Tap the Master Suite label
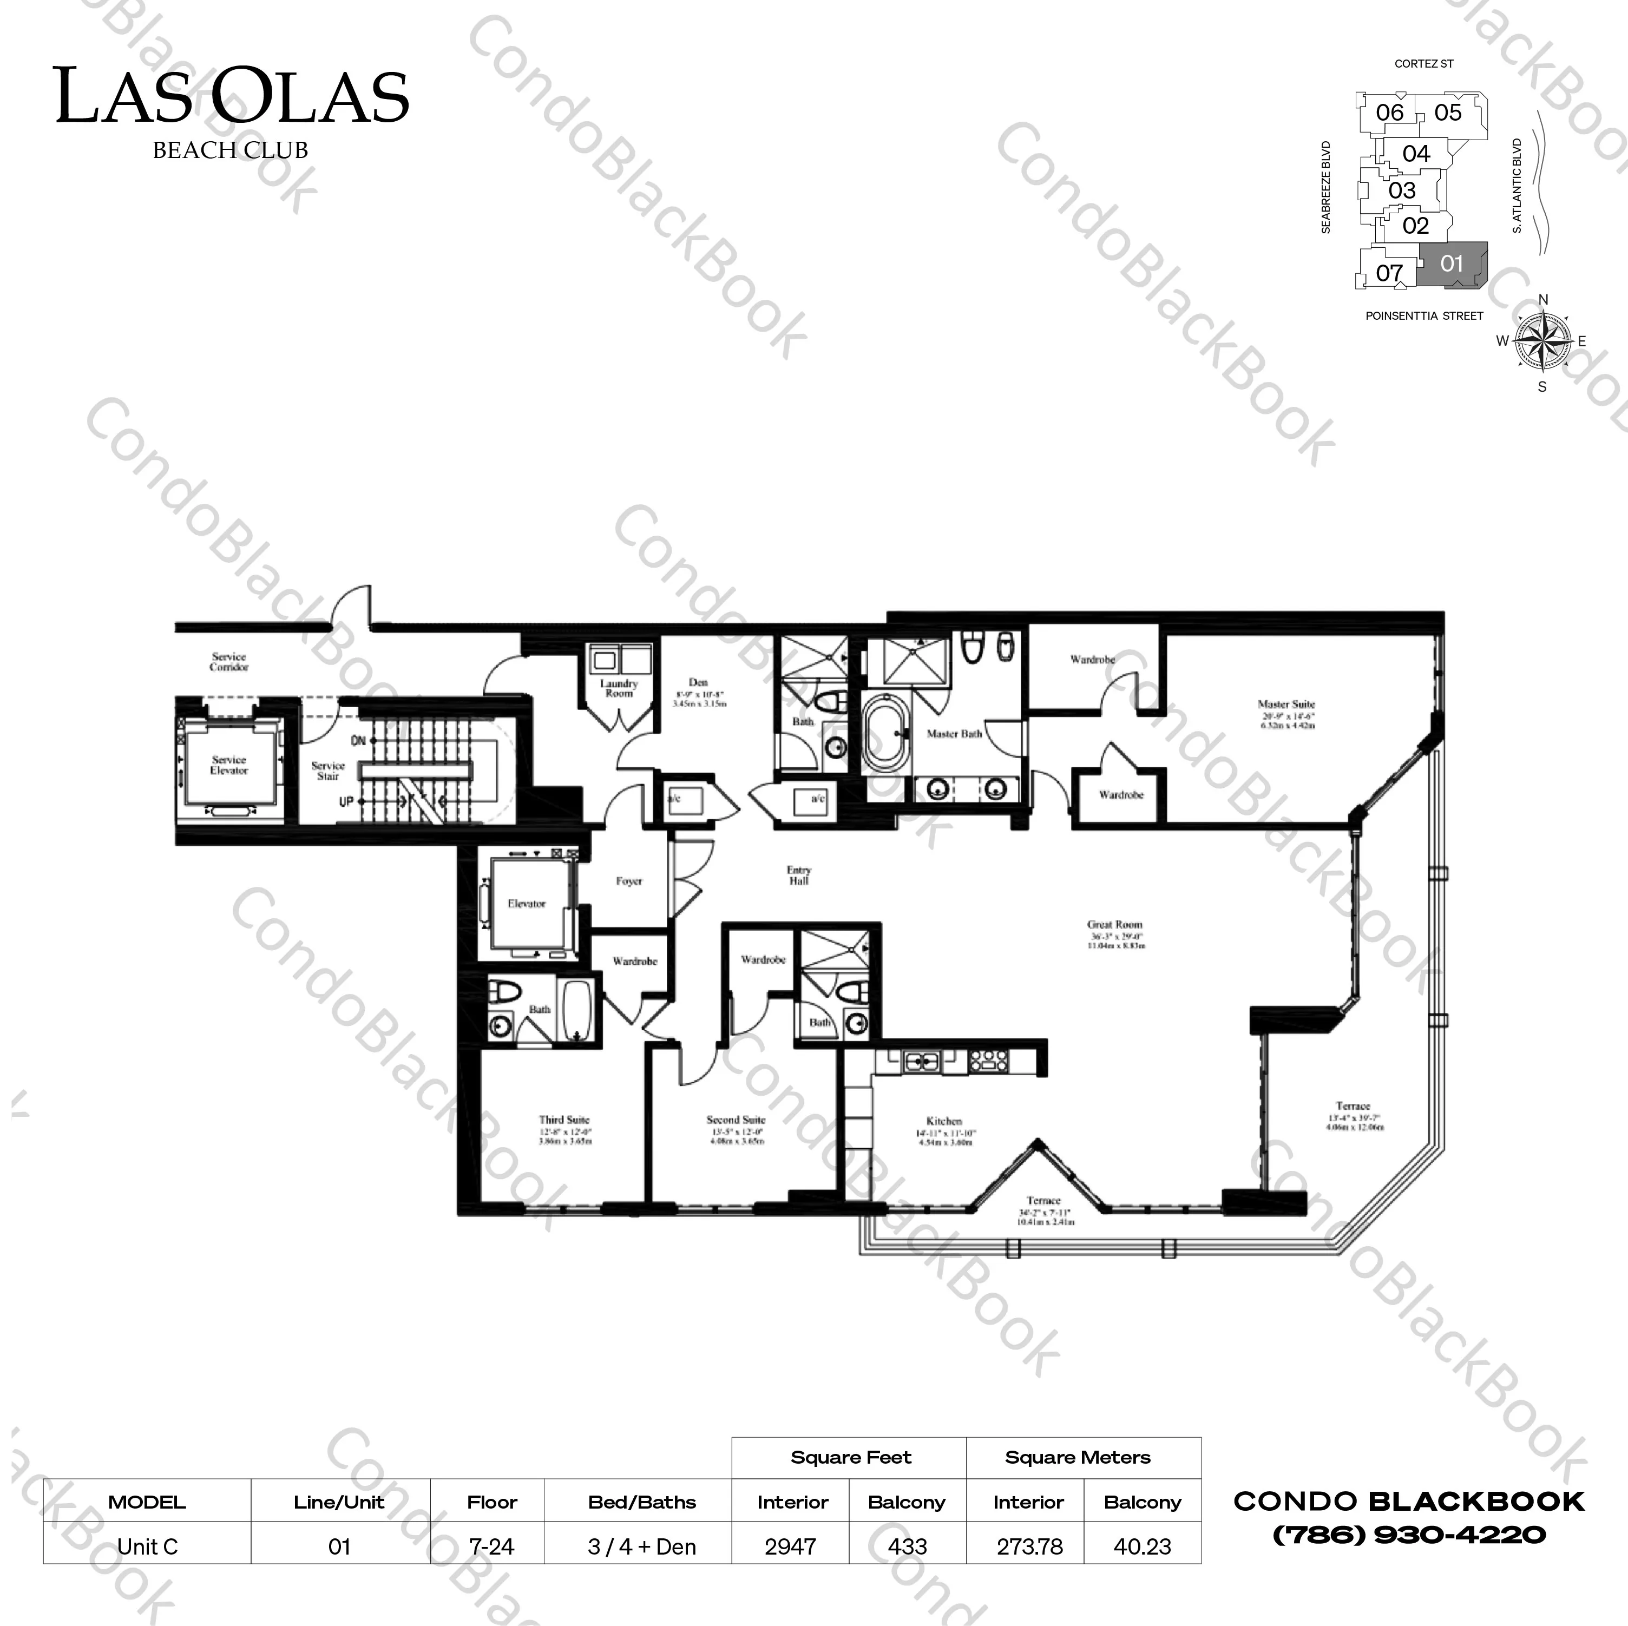[x=1286, y=705]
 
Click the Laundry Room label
[x=619, y=688]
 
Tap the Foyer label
[x=628, y=881]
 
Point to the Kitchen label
[x=944, y=1121]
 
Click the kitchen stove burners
[x=983, y=1061]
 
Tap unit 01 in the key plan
[x=1451, y=264]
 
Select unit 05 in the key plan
[x=1448, y=112]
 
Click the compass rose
[x=1543, y=341]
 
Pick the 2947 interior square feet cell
[x=790, y=1547]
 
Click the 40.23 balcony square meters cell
[x=1142, y=1547]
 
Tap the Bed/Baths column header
[x=642, y=1502]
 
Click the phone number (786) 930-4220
[x=1409, y=1535]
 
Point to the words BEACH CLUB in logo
[x=230, y=150]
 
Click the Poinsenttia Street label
[x=1424, y=316]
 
